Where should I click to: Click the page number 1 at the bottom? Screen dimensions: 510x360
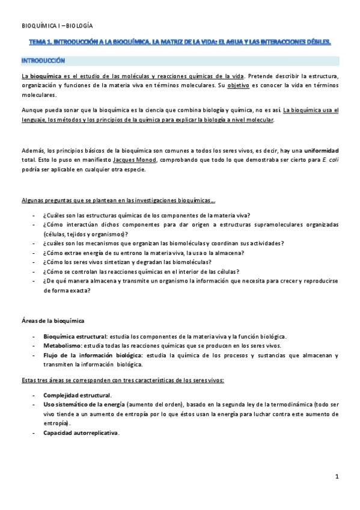click(x=337, y=476)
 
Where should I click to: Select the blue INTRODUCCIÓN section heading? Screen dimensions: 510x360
click(x=43, y=61)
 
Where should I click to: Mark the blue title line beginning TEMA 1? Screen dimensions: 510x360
click(x=180, y=43)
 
